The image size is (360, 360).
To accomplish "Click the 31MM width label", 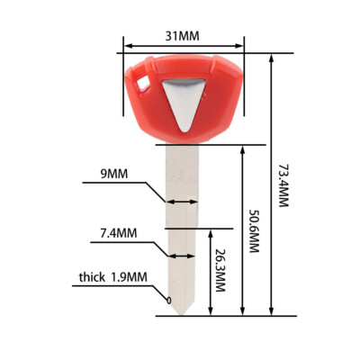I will click(x=183, y=36).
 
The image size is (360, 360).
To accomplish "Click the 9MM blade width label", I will click(x=116, y=173).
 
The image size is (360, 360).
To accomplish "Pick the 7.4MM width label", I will click(x=118, y=233).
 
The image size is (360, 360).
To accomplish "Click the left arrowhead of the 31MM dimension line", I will click(x=126, y=45).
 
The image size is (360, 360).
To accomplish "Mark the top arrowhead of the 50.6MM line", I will click(x=241, y=148).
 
